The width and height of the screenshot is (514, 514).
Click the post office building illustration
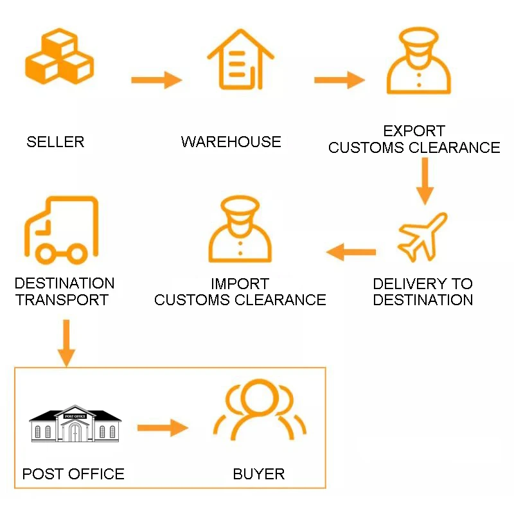pos(75,424)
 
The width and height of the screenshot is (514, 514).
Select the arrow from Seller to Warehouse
pos(157,80)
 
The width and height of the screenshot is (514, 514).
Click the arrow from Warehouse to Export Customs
pos(339,80)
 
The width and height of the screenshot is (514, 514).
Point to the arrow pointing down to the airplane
pos(425,181)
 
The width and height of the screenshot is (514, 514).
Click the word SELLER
pos(55,142)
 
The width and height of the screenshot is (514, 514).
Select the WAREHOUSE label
pos(231,142)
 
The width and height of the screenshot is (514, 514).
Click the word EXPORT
pos(414,132)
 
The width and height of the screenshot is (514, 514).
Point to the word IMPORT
pos(240,284)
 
